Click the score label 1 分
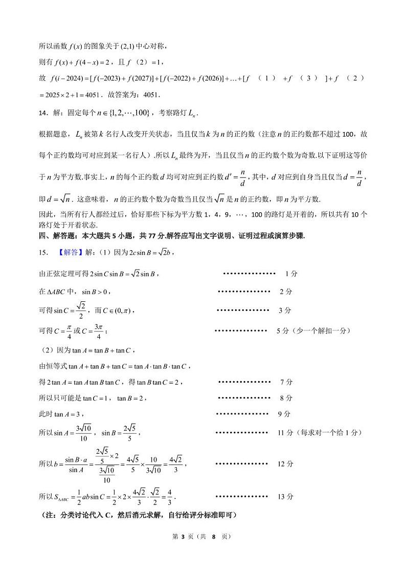[291, 274]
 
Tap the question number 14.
[43, 112]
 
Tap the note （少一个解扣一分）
[323, 331]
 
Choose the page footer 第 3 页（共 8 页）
[202, 536]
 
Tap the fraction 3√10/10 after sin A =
[83, 433]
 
